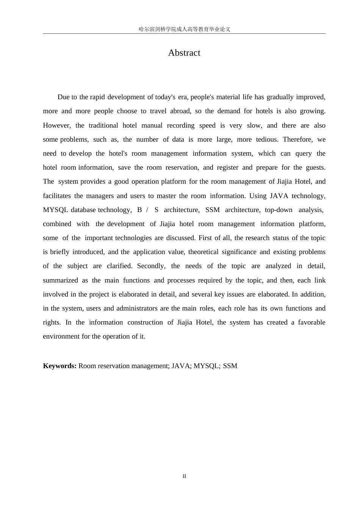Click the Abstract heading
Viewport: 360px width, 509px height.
click(x=184, y=53)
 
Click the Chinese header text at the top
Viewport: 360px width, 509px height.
click(x=184, y=29)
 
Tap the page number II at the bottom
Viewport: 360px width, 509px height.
click(x=184, y=476)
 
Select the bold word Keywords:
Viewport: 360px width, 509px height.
click(x=60, y=366)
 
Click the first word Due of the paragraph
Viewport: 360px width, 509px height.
click(x=64, y=97)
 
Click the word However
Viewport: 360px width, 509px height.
click(x=56, y=125)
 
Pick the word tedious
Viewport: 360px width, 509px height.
click(x=267, y=139)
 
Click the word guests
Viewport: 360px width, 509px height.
click(x=315, y=167)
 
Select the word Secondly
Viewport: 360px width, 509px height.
click(x=151, y=266)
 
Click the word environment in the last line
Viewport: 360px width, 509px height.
click(x=61, y=336)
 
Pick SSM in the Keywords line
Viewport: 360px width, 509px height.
click(x=230, y=366)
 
